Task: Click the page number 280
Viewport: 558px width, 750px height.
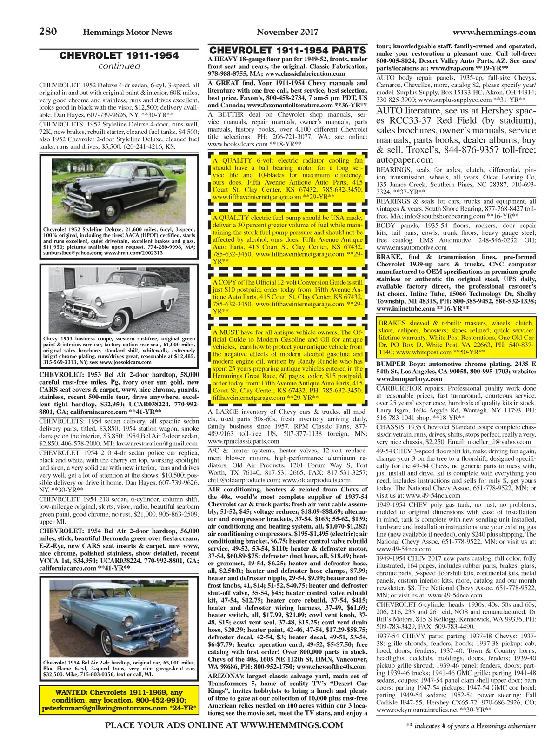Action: click(48, 32)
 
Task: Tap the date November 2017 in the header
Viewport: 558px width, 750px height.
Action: click(287, 32)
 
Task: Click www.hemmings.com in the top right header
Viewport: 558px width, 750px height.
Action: click(494, 32)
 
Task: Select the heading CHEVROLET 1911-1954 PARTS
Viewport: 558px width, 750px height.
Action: click(287, 50)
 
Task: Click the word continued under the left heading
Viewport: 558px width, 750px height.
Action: click(119, 66)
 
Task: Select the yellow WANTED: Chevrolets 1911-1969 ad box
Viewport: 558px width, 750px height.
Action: click(119, 700)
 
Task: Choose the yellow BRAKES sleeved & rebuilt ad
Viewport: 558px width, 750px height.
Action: click(456, 338)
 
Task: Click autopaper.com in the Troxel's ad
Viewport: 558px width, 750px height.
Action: click(405, 159)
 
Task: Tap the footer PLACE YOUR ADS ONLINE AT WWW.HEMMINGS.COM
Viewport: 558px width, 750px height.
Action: click(224, 725)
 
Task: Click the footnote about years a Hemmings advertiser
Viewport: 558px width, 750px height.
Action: click(471, 726)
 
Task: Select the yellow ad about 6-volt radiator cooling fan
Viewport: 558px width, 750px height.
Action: click(287, 179)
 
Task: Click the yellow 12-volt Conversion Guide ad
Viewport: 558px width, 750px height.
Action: click(287, 297)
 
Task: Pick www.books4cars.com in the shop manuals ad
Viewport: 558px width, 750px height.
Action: click(238, 144)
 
